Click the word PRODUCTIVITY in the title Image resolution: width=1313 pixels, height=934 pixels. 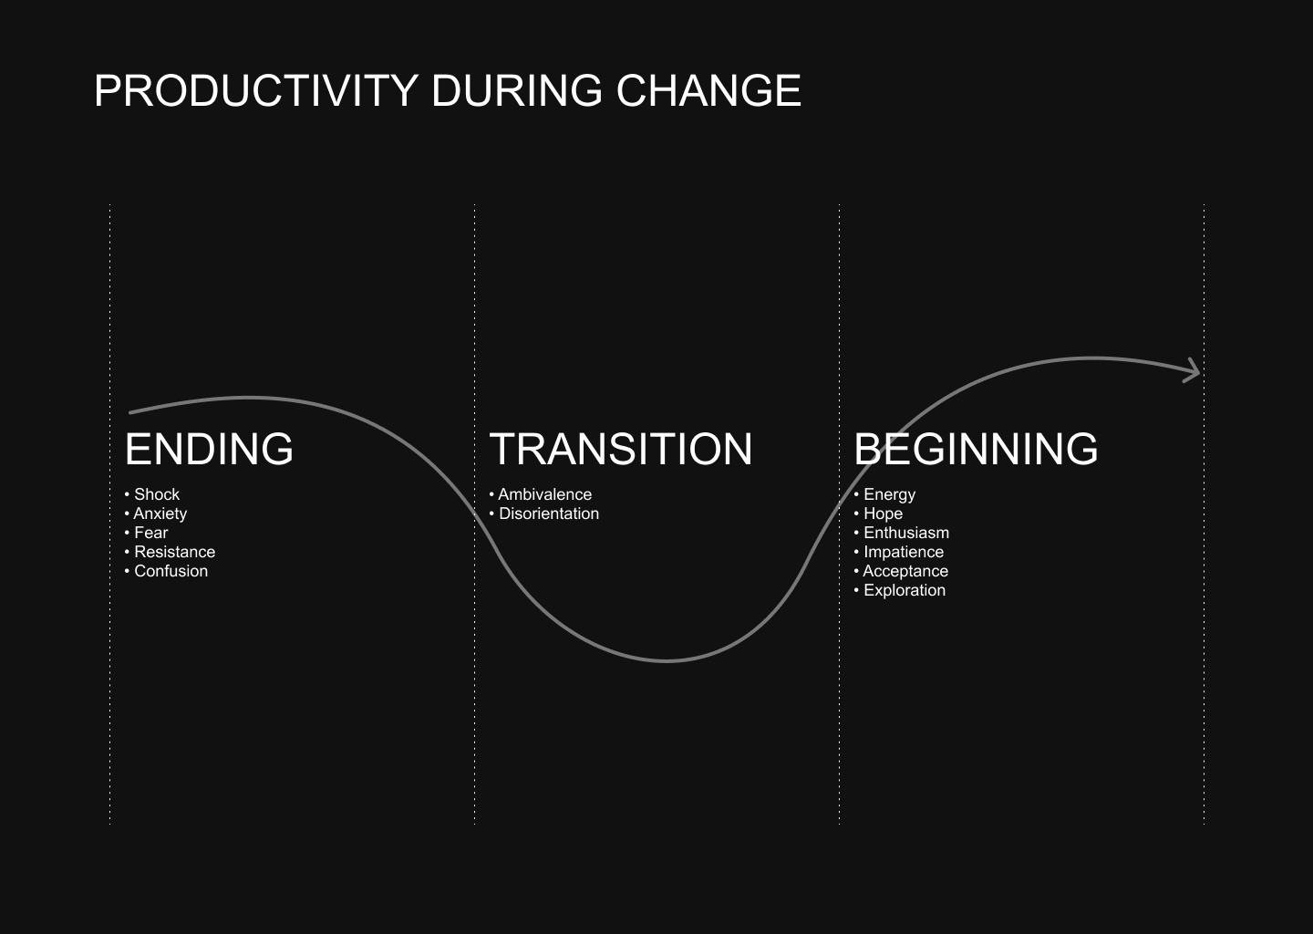[x=256, y=91]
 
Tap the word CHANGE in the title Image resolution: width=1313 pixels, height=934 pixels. [x=708, y=91]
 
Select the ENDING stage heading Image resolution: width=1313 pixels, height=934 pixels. [x=210, y=449]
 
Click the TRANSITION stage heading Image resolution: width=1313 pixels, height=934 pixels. [x=621, y=449]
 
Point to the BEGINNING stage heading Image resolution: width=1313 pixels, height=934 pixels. [x=976, y=449]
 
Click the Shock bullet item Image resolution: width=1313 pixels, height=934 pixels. [x=152, y=494]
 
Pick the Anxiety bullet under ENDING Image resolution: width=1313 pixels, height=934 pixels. [x=156, y=514]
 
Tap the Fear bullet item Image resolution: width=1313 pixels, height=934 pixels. [x=147, y=533]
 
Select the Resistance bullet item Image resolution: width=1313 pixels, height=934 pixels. [x=170, y=553]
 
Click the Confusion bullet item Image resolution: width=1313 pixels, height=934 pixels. [x=167, y=571]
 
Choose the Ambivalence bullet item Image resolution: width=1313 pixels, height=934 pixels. [x=541, y=494]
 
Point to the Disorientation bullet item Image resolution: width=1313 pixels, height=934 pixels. [x=544, y=514]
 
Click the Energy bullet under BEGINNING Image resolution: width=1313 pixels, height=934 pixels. [x=884, y=495]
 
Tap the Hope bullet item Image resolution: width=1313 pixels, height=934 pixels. [x=878, y=514]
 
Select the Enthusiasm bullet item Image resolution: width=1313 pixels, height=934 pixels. [x=902, y=533]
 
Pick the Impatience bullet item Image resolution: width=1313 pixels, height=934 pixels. [x=899, y=553]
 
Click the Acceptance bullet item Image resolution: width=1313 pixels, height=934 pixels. [x=901, y=572]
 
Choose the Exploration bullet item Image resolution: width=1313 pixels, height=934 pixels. [x=900, y=590]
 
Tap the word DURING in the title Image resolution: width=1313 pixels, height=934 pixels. [x=517, y=91]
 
